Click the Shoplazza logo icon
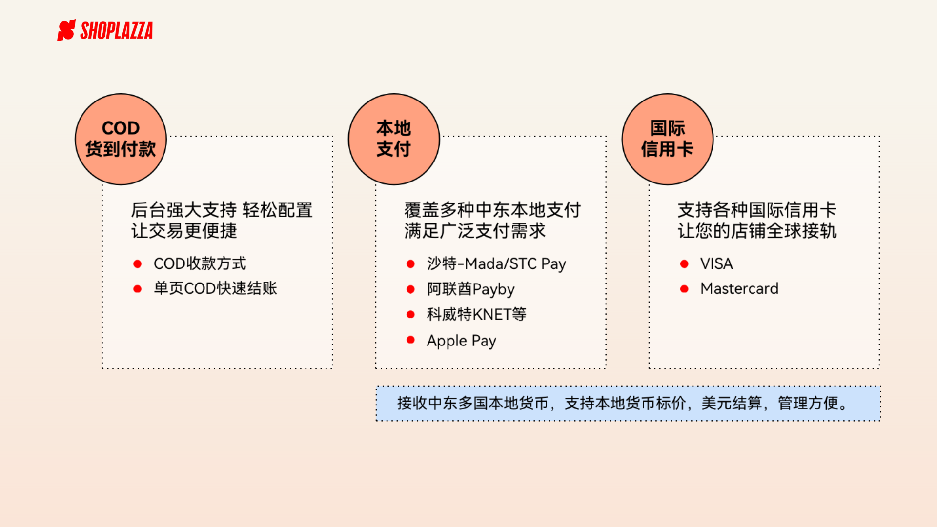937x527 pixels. (66, 30)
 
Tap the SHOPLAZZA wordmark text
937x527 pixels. (117, 31)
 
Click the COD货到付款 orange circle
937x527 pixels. (121, 139)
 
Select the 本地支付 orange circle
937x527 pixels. (394, 139)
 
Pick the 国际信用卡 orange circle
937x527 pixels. (667, 139)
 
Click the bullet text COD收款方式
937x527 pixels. (200, 263)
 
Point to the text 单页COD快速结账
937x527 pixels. (215, 288)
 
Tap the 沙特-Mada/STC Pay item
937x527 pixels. (496, 264)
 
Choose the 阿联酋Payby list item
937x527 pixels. (470, 289)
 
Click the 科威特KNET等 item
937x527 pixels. (476, 314)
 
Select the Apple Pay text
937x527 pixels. (461, 340)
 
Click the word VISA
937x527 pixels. (716, 264)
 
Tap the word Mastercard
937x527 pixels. (739, 288)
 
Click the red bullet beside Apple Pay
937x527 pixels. (410, 340)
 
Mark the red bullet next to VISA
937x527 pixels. (684, 264)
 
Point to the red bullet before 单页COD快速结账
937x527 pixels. (137, 289)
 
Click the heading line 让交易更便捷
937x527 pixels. (184, 231)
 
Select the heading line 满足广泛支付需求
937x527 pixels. (474, 231)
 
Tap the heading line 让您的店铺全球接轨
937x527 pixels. (757, 231)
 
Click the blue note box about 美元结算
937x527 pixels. (628, 404)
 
